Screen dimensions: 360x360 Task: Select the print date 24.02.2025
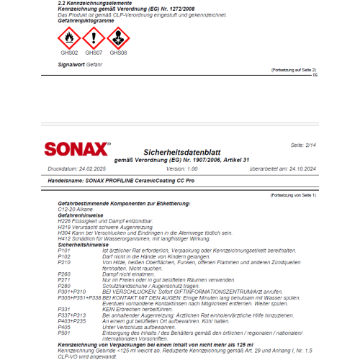[x=96, y=168]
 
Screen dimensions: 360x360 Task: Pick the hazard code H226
[x=64, y=220]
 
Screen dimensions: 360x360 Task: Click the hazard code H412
[x=64, y=238]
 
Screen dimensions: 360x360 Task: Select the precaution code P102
[x=64, y=256]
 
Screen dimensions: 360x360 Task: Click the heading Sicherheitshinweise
[x=82, y=244]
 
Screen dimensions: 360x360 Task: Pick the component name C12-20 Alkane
[x=76, y=209]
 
